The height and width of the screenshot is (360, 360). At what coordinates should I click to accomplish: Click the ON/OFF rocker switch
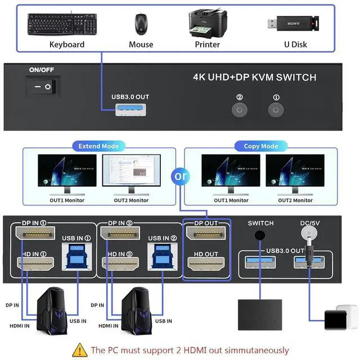[x=43, y=87]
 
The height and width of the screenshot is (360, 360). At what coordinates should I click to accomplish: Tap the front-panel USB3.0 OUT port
[x=130, y=110]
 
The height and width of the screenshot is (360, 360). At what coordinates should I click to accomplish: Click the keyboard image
[x=62, y=24]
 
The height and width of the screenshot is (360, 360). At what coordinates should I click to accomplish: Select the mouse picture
[x=141, y=24]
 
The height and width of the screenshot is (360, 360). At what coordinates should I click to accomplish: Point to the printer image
[x=208, y=24]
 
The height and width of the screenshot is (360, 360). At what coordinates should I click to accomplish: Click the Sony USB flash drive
[x=293, y=24]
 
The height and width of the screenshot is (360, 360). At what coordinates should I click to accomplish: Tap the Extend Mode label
[x=99, y=146]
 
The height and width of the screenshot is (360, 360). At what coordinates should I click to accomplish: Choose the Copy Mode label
[x=261, y=146]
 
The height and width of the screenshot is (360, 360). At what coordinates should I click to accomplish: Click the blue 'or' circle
[x=181, y=176]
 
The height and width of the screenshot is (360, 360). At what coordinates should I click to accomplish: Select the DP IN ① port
[x=35, y=233]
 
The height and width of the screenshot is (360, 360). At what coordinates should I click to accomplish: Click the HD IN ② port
[x=120, y=263]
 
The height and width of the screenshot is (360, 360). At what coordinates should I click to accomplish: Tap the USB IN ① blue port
[x=77, y=256]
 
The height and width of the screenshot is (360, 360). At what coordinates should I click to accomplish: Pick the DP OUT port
[x=206, y=233]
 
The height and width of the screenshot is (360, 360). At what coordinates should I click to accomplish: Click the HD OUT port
[x=206, y=263]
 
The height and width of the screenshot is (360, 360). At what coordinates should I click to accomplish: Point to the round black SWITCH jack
[x=260, y=235]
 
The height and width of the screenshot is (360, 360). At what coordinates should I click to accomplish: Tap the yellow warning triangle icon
[x=80, y=350]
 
